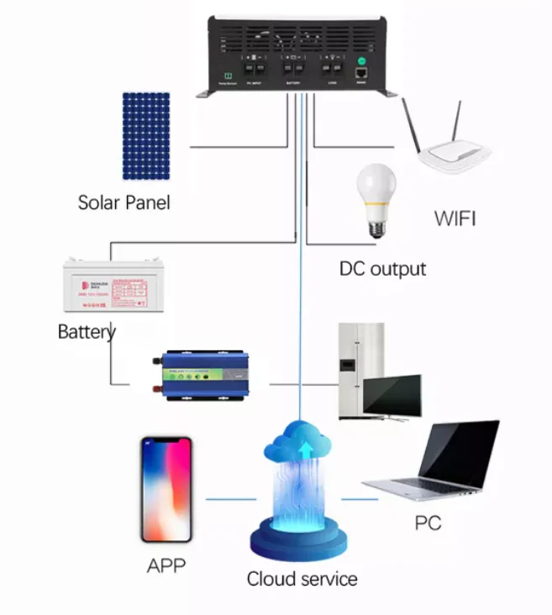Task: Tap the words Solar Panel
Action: tap(124, 202)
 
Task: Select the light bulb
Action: tap(374, 200)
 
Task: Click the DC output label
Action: tap(382, 269)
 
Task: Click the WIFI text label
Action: tap(455, 219)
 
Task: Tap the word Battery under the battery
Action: tap(87, 331)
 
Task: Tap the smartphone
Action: tap(166, 490)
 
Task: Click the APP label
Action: tap(166, 565)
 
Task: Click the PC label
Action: tap(428, 523)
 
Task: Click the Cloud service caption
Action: tap(302, 579)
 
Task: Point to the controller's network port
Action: tap(362, 74)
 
